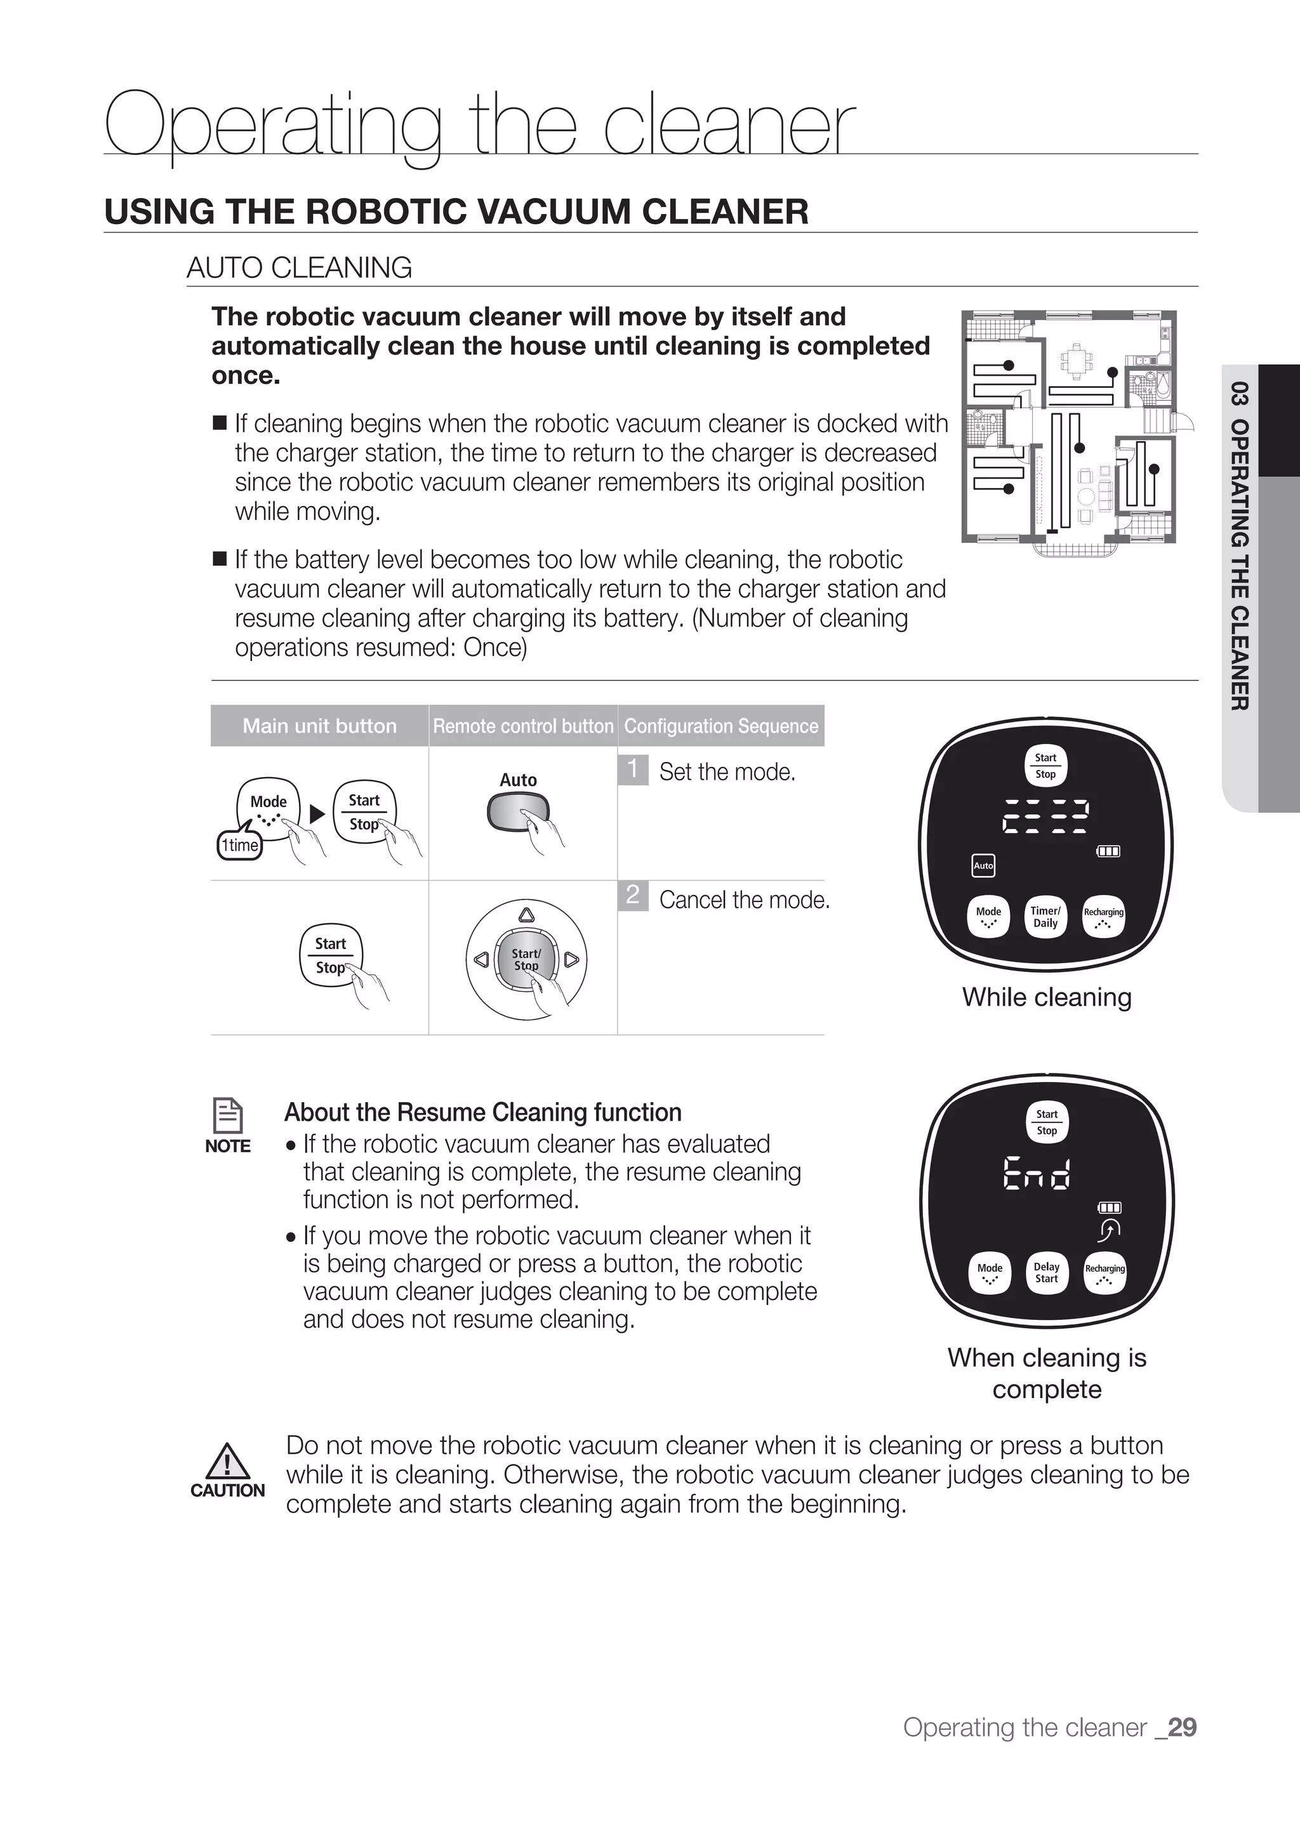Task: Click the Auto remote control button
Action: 518,811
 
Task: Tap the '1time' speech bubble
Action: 240,846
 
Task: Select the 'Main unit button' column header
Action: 319,726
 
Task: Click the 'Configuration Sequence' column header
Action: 721,726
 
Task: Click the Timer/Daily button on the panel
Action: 1045,917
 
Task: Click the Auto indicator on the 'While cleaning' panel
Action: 983,865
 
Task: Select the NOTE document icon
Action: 228,1115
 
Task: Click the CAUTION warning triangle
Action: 228,1462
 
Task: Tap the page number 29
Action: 1183,1728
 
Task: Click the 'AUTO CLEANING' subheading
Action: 300,267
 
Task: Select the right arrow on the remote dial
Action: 571,959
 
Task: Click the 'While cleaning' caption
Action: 1046,997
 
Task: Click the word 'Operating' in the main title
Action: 272,126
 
